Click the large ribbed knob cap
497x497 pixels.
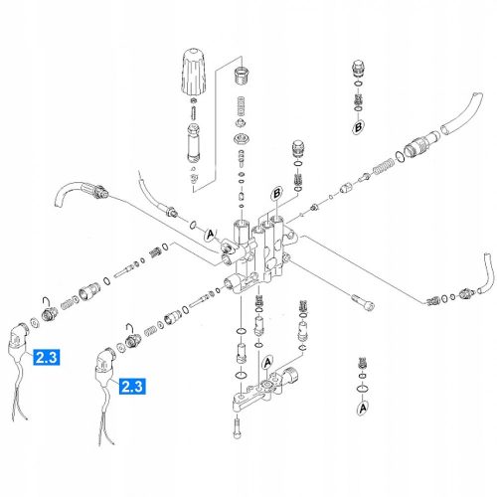coord(194,71)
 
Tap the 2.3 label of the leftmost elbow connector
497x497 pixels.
coord(47,357)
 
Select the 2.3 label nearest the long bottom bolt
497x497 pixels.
coord(132,387)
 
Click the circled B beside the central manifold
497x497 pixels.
coord(277,194)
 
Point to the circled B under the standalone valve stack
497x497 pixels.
coord(358,127)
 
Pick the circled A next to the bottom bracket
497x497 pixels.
coord(267,363)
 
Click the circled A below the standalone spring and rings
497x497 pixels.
coord(363,408)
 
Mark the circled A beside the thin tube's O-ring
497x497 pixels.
coord(210,235)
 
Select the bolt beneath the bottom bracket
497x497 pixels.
coord(237,428)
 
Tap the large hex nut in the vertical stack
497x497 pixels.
coord(242,138)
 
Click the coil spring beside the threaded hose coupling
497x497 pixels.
coord(384,167)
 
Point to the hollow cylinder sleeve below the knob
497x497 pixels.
coord(194,142)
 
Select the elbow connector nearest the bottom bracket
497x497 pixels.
coord(104,365)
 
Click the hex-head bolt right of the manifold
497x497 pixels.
coord(363,302)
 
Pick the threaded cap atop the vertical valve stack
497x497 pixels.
coord(242,76)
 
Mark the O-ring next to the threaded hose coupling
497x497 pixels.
coord(400,156)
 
